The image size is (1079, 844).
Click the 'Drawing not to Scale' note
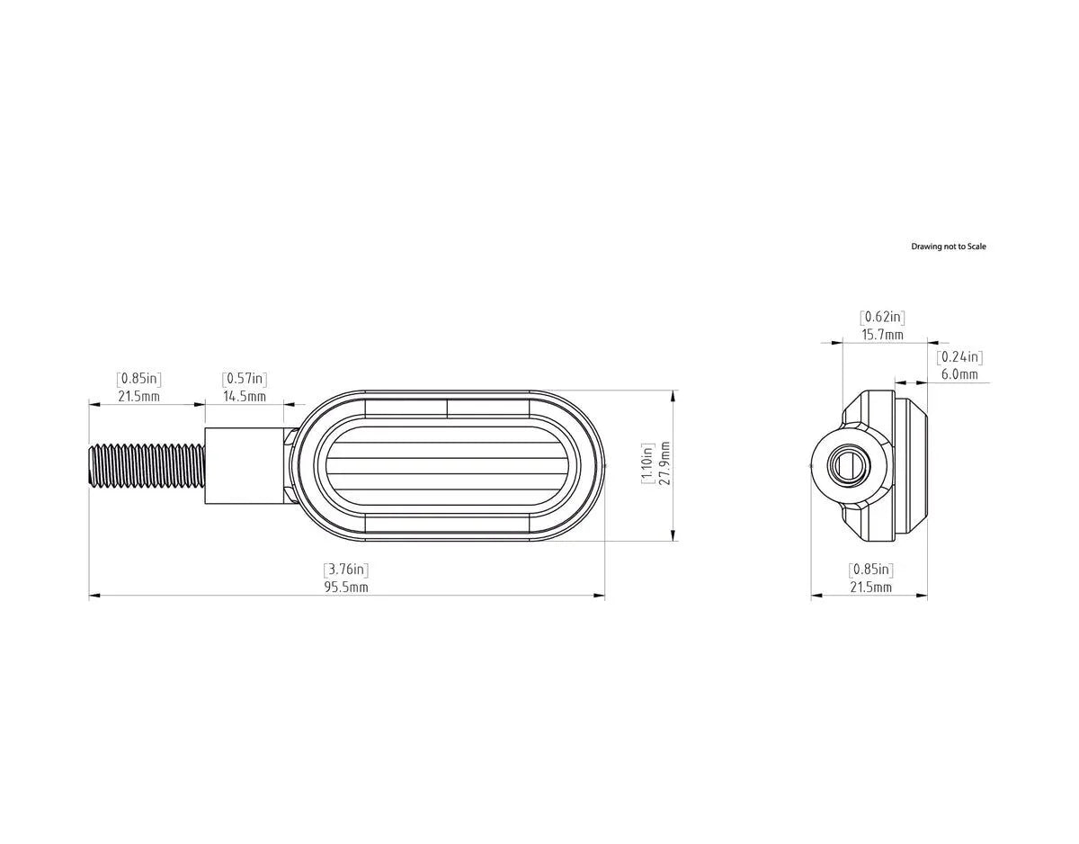click(948, 247)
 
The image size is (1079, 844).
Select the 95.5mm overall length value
click(346, 588)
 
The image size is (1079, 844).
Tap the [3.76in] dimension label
click(346, 570)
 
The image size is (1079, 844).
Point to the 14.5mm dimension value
click(245, 396)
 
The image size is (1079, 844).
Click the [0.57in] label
click(245, 379)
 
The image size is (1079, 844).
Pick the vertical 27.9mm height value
click(665, 463)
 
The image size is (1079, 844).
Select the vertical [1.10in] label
click(648, 463)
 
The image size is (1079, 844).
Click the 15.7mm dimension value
click(882, 335)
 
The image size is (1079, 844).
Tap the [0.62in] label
click(882, 317)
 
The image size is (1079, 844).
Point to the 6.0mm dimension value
click(959, 374)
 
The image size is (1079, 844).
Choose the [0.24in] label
click(959, 357)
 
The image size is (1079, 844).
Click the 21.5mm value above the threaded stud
click(138, 396)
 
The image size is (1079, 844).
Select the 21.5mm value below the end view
click(870, 588)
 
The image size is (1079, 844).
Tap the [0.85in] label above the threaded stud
click(138, 379)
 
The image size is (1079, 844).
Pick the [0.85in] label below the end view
click(870, 570)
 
